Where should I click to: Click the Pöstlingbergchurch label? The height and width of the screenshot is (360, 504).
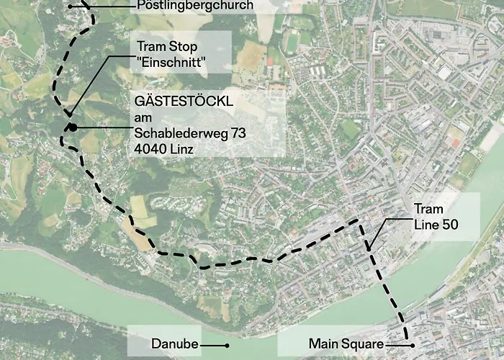point(194,6)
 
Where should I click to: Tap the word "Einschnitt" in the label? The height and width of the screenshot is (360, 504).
point(172,64)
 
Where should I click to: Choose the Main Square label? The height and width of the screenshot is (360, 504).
point(346,344)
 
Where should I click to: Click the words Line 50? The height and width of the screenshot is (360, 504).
point(436,225)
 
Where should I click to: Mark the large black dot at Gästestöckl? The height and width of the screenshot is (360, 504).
point(73,128)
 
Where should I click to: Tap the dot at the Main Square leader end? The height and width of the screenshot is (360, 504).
point(413,345)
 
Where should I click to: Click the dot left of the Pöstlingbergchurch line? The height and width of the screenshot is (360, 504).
point(70,6)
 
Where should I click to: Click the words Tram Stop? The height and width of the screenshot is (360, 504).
point(166,48)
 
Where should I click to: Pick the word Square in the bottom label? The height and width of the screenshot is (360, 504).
point(363,344)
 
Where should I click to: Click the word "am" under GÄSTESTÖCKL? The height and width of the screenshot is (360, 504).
point(143,117)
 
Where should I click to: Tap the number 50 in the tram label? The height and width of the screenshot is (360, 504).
point(449,225)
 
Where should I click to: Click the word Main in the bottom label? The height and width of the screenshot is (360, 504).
point(323,344)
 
